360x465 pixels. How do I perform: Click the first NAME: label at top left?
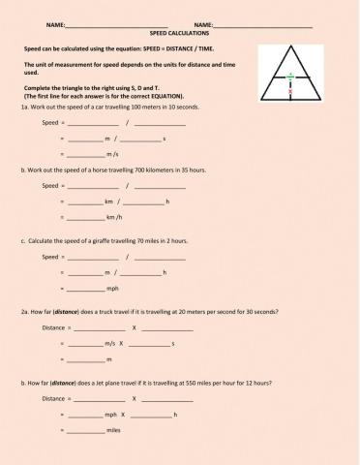[55, 24]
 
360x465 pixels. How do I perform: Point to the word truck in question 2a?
[105, 312]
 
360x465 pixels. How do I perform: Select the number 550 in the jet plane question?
[195, 383]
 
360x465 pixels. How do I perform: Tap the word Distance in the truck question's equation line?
[54, 327]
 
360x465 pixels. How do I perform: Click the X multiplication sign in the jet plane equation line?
[134, 398]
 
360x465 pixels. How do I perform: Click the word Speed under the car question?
[50, 123]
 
